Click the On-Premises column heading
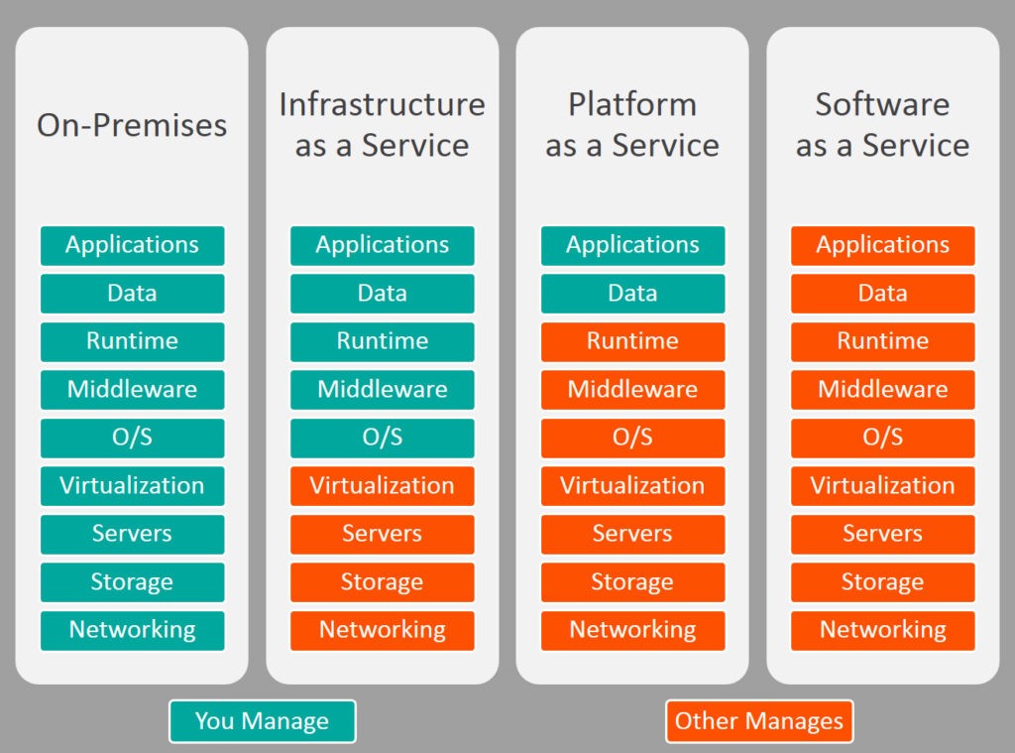pyautogui.click(x=132, y=125)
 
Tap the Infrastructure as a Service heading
pyautogui.click(x=382, y=124)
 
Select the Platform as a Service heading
pyautogui.click(x=632, y=124)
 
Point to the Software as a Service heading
pyautogui.click(x=882, y=124)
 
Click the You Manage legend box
pyautogui.click(x=262, y=721)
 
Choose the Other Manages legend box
pyautogui.click(x=759, y=721)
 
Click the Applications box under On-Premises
pyautogui.click(x=132, y=246)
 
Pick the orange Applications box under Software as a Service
pyautogui.click(x=882, y=246)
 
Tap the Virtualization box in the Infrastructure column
pyautogui.click(x=382, y=486)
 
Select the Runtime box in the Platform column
pyautogui.click(x=632, y=341)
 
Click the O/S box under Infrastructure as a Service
pyautogui.click(x=382, y=439)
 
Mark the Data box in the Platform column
pyautogui.click(x=632, y=294)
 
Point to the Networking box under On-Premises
pyautogui.click(x=132, y=631)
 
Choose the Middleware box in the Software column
pyautogui.click(x=882, y=390)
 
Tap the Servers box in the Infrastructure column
pyautogui.click(x=382, y=534)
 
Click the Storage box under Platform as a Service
pyautogui.click(x=632, y=582)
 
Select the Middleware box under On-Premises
pyautogui.click(x=132, y=390)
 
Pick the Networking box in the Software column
pyautogui.click(x=882, y=631)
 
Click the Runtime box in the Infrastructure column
pyautogui.click(x=382, y=341)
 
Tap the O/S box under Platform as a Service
pyautogui.click(x=632, y=439)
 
